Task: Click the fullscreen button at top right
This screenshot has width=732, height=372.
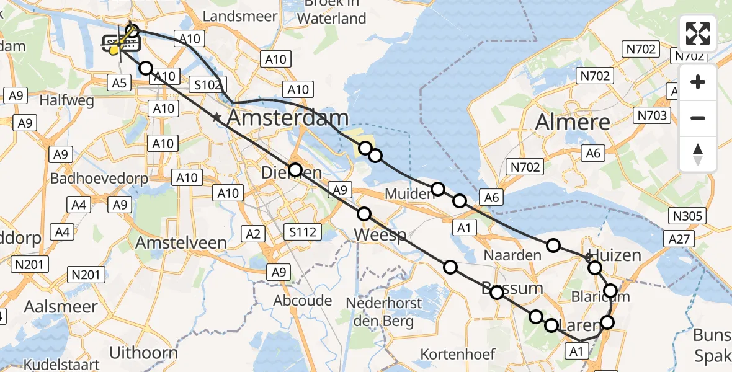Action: point(698,33)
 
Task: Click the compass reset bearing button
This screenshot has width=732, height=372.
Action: point(698,154)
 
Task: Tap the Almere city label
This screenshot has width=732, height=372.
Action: point(572,122)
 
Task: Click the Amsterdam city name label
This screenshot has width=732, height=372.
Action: point(287,118)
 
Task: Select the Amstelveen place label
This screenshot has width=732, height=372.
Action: point(181,242)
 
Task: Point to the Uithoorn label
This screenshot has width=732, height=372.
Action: point(143,353)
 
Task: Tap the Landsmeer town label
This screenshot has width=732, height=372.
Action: point(239,16)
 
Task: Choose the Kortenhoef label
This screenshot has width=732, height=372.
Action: point(458,354)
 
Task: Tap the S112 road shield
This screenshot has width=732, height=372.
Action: point(303,232)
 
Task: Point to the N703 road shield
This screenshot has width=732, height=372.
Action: point(651,115)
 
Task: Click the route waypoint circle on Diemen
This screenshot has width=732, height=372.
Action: point(295,169)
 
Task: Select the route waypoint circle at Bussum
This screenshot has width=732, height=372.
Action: point(497,293)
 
